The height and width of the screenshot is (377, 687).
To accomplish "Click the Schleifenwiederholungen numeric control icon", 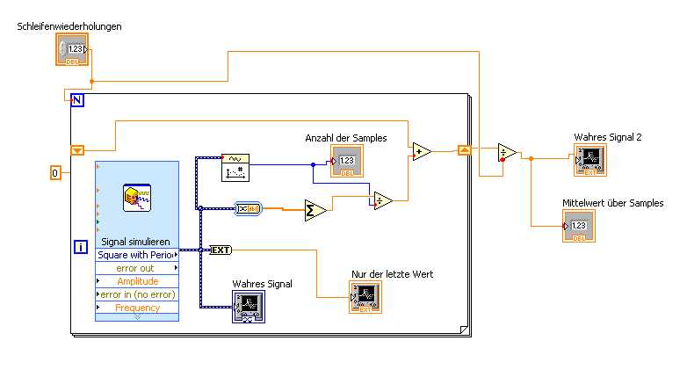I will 73,50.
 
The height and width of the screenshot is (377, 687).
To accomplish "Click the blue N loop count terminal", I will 77,100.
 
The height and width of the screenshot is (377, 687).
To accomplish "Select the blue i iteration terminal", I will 81,248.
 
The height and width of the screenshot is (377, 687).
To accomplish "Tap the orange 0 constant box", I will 55,173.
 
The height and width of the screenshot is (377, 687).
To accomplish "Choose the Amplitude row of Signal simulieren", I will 137,281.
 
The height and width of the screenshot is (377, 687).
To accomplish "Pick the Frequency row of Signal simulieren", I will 137,308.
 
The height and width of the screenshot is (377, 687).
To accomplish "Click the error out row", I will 137,268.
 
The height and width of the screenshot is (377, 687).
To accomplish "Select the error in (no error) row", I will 137,294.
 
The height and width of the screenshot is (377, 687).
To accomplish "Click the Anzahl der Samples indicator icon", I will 346,162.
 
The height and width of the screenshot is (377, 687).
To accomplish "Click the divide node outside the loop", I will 507,153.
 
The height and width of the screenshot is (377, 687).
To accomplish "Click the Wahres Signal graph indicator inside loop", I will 249,307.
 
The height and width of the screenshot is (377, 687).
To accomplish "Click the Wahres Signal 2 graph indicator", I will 590,161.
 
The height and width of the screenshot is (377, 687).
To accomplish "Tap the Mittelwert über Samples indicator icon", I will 578,227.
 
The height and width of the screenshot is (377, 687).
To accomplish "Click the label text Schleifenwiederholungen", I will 69,26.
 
